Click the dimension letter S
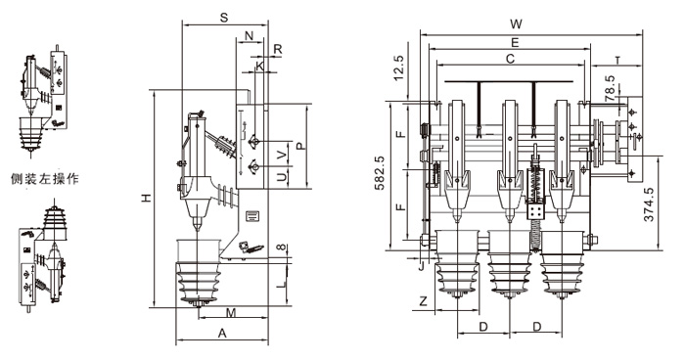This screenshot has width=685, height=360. pyautogui.click(x=224, y=18)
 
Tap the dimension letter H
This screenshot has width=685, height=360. pyautogui.click(x=148, y=198)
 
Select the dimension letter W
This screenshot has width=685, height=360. pyautogui.click(x=517, y=24)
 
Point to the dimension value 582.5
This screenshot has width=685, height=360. pyautogui.click(x=380, y=172)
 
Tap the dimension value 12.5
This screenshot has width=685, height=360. pyautogui.click(x=399, y=68)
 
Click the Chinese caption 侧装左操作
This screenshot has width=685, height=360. pyautogui.click(x=45, y=178)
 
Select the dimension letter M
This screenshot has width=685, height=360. pyautogui.click(x=231, y=312)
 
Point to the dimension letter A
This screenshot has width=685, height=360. pyautogui.click(x=222, y=334)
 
